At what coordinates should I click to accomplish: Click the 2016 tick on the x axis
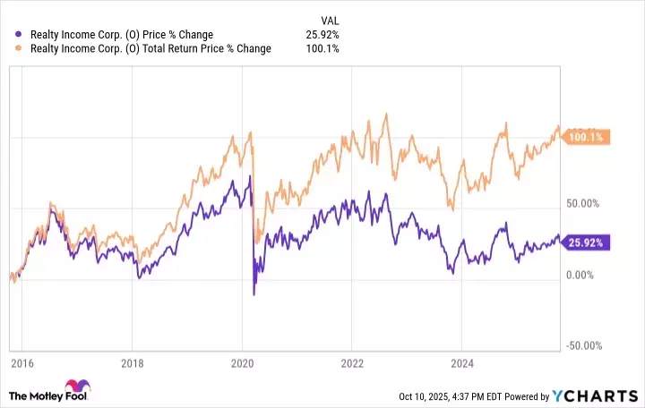[x=23, y=364]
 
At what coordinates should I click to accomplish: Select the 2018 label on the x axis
[x=133, y=364]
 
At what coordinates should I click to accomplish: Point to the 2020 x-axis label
[x=242, y=364]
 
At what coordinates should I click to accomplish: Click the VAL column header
[x=330, y=19]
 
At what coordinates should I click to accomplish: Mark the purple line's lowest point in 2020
[x=254, y=294]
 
